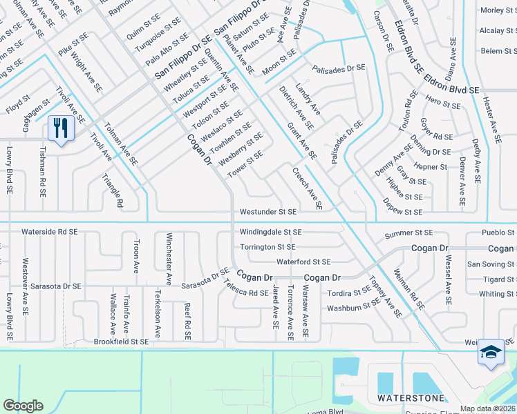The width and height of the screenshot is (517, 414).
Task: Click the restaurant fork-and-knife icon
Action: [x=62, y=128]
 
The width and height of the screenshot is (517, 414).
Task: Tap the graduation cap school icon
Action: [x=491, y=353]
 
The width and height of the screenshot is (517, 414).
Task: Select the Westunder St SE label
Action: [x=268, y=212]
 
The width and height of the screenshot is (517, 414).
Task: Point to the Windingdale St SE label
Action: [x=271, y=233]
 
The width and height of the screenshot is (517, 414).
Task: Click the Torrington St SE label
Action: [x=267, y=247]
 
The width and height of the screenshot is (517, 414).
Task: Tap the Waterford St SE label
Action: [x=303, y=262]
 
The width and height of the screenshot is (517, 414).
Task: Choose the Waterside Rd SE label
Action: [x=49, y=233]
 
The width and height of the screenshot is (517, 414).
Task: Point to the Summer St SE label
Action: [x=408, y=234]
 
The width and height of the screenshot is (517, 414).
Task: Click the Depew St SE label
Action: [x=402, y=212]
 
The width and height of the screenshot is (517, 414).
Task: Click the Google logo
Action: [x=23, y=406]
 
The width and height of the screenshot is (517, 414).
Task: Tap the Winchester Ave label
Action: [x=168, y=259]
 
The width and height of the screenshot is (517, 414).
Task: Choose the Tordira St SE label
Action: [x=349, y=292]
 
